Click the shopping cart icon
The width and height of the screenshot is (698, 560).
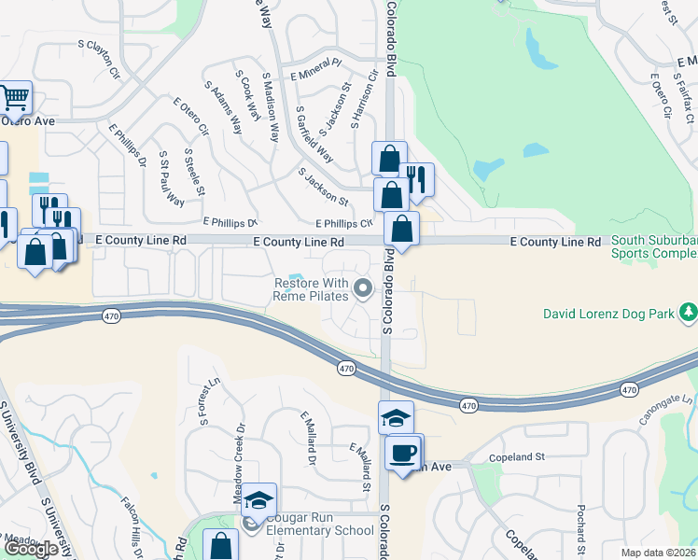tap(14, 97)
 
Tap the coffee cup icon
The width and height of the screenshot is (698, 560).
tap(403, 453)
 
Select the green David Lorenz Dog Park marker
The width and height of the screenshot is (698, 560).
tap(689, 310)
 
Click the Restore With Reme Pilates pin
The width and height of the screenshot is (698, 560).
tap(364, 288)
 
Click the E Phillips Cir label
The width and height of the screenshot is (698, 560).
tap(344, 223)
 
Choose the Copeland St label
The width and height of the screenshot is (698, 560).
tap(517, 457)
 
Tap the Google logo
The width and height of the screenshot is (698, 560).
tap(31, 549)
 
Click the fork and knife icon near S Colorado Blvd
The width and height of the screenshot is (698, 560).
tap(417, 177)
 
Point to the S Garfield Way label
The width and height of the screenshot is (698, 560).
tap(314, 133)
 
